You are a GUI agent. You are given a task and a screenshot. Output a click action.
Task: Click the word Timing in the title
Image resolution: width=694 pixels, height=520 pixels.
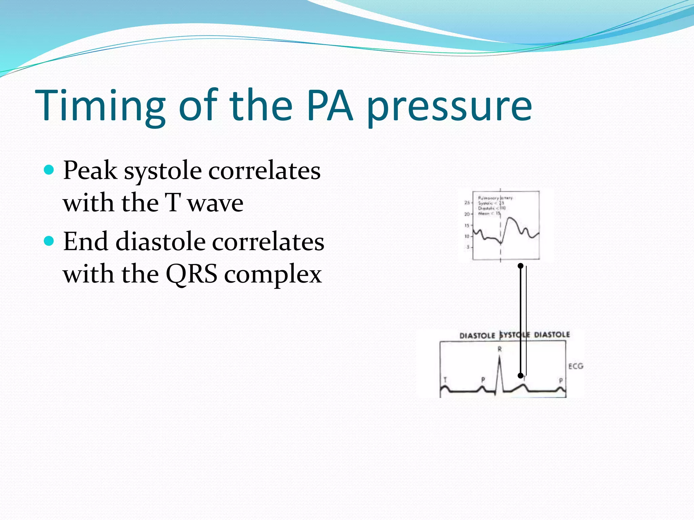tap(100, 106)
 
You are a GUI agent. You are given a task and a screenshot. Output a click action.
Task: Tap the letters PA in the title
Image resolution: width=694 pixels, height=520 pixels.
tap(330, 106)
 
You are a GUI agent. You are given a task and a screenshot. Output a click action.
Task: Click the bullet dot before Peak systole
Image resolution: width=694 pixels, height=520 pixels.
tap(49, 170)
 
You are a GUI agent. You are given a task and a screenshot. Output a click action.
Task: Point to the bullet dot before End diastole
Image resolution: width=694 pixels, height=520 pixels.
tap(49, 241)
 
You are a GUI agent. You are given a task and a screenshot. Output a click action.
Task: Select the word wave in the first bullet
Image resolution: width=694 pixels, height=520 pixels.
tap(216, 203)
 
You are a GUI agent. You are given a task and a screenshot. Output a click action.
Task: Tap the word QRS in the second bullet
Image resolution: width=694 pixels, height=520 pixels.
tap(191, 274)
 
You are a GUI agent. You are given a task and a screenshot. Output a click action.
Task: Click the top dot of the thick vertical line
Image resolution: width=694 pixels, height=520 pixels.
tap(521, 266)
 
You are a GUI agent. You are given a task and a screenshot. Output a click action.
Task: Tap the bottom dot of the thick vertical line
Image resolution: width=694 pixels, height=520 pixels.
tap(520, 375)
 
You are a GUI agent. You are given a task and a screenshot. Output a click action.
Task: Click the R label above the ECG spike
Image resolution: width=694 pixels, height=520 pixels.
tap(499, 349)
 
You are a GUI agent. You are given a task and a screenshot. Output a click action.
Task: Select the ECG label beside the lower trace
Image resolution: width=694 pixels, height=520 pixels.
tap(576, 366)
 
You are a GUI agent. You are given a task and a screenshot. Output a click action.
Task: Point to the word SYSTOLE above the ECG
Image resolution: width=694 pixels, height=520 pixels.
tap(515, 335)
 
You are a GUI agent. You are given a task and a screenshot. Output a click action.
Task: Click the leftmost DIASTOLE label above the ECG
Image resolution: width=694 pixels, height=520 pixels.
tap(477, 335)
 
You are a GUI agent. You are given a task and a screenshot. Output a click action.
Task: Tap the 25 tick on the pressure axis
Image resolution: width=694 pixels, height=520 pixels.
tap(467, 202)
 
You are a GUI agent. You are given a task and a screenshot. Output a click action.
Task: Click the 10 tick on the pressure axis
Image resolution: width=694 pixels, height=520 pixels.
tap(467, 236)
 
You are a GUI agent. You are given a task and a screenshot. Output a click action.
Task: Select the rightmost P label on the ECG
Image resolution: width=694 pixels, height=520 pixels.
tap(561, 381)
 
